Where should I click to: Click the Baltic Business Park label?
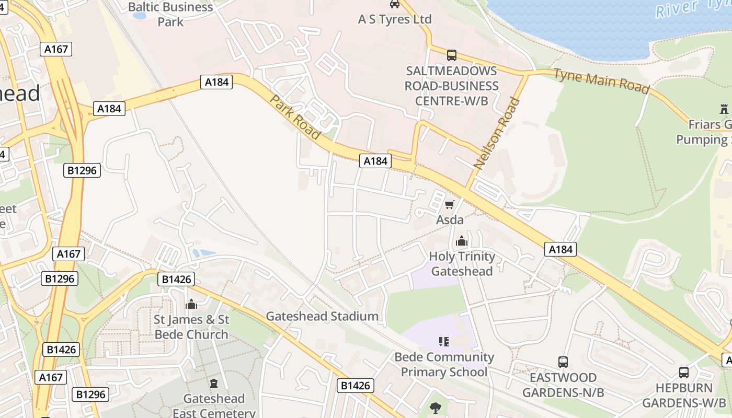tap(170, 14)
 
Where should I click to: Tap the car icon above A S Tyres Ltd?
tap(395, 4)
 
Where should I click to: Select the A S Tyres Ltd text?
tap(395, 19)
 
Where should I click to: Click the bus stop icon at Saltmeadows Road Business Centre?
tap(451, 55)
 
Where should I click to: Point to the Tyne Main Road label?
tap(601, 81)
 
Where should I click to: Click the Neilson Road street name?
tap(497, 133)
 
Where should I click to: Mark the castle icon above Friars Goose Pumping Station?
tap(724, 110)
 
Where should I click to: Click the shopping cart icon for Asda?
tap(449, 204)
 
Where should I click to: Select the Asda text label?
tap(450, 220)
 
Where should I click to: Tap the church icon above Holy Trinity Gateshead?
tap(461, 241)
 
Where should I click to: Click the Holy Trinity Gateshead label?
tap(461, 264)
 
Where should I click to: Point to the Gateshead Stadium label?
tap(322, 316)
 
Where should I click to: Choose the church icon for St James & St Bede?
tap(191, 304)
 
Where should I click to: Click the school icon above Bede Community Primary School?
tap(444, 342)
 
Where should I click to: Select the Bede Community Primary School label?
tap(444, 365)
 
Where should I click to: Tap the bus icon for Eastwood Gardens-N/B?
tap(563, 362)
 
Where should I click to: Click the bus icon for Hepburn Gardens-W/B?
tap(684, 373)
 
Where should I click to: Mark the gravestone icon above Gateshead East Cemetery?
tap(214, 384)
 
